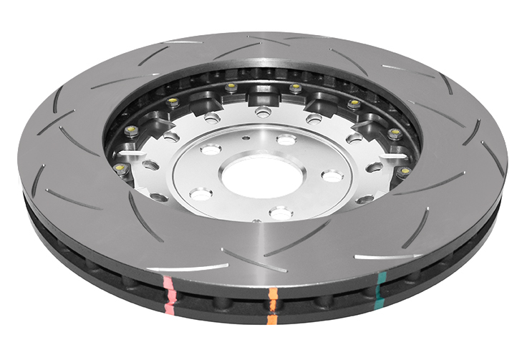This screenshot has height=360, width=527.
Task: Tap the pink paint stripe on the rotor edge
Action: coord(168,293)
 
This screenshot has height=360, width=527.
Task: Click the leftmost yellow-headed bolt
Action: coord(120,168)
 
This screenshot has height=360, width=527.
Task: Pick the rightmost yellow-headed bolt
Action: coord(405,172)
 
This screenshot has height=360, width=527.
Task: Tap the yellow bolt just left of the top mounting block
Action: coord(231,87)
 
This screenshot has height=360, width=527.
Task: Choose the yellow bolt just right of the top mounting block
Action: coord(294,88)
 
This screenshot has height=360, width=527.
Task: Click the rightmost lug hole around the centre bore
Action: coord(331,175)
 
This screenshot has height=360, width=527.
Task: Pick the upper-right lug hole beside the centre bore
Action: coord(286,140)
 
